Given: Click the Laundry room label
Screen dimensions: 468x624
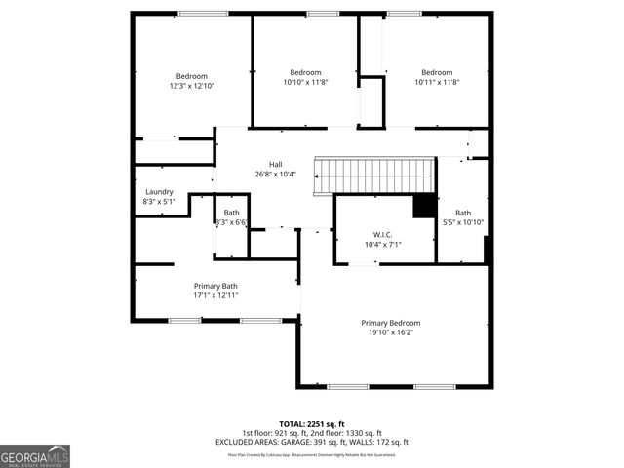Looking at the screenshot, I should click(158, 192).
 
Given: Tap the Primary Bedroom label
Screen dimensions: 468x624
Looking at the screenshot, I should click(390, 323).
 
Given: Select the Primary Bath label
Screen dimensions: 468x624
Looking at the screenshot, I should click(215, 286).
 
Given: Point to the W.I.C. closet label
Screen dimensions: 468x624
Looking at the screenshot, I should click(382, 234).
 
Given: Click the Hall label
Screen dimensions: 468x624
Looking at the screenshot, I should click(276, 164).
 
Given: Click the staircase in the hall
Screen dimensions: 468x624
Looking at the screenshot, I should click(375, 175).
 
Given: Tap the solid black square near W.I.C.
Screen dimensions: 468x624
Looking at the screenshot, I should click(424, 207).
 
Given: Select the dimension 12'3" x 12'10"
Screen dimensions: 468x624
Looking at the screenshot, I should click(191, 86).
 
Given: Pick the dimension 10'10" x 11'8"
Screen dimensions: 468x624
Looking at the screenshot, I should click(305, 82).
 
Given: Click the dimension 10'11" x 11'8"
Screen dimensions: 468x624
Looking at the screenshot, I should click(437, 82).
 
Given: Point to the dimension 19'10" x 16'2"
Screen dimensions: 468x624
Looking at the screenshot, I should click(390, 332).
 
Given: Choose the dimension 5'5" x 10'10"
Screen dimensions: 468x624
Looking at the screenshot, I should click(463, 222).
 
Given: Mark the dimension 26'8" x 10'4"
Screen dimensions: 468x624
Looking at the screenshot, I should click(276, 174).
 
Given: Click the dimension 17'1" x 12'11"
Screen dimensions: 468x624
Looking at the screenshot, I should click(215, 295).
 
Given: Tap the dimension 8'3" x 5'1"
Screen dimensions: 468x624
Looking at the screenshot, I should click(158, 202).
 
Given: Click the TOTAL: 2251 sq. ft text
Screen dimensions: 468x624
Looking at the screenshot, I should click(311, 424).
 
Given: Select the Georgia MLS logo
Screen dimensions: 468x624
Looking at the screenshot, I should click(35, 455).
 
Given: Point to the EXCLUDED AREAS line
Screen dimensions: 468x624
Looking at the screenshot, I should click(311, 442).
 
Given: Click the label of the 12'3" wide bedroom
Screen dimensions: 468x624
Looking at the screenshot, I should click(191, 76).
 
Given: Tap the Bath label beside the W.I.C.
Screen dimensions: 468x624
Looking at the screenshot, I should click(463, 213).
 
